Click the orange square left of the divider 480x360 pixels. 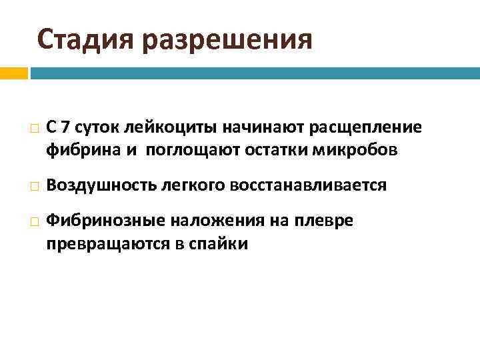pos(13,73)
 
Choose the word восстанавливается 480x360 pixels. pos(307,185)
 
